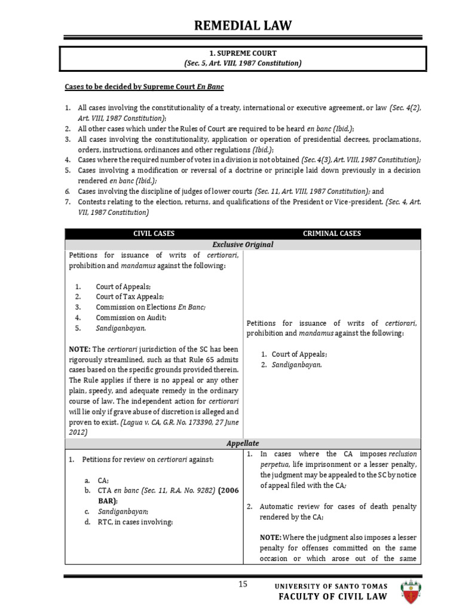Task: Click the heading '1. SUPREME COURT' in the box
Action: click(x=242, y=53)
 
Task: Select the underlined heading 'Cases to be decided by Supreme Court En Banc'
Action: click(x=144, y=87)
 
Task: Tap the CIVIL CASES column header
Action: click(x=153, y=233)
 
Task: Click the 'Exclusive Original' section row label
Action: click(x=242, y=244)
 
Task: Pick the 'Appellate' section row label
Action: click(x=242, y=443)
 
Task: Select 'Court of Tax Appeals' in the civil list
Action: click(x=129, y=296)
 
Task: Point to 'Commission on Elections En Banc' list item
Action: click(x=150, y=307)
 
